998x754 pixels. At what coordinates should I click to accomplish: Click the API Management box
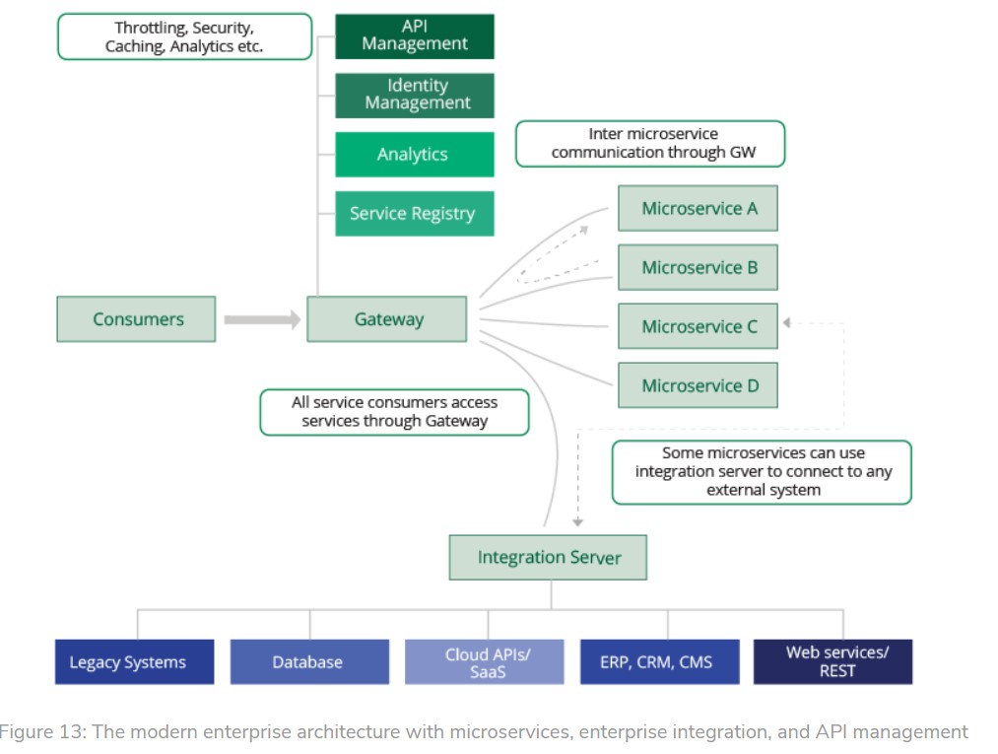click(415, 35)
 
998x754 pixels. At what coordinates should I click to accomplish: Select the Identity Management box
click(415, 95)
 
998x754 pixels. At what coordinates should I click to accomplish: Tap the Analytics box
click(415, 155)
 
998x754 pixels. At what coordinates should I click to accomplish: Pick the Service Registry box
click(415, 214)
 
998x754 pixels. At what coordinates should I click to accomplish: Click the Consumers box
click(136, 319)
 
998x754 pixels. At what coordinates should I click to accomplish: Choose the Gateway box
click(387, 319)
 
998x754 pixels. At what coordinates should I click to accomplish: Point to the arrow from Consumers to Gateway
click(261, 319)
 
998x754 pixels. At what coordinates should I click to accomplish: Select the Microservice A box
click(699, 208)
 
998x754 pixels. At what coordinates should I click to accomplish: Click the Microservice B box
click(699, 267)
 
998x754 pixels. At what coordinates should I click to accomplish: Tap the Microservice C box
click(699, 326)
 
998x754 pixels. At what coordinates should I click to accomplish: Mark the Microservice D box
click(699, 385)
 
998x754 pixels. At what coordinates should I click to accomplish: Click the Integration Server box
click(549, 558)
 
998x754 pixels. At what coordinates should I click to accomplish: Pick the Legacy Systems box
click(135, 662)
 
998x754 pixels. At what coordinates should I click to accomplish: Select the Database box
click(309, 662)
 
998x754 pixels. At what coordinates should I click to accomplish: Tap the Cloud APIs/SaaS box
click(485, 662)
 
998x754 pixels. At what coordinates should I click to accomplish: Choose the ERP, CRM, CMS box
click(659, 662)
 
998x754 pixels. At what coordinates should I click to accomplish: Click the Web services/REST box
click(833, 662)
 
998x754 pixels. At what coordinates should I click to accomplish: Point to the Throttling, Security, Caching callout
click(184, 36)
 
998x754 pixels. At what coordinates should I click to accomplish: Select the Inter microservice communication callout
click(650, 144)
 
